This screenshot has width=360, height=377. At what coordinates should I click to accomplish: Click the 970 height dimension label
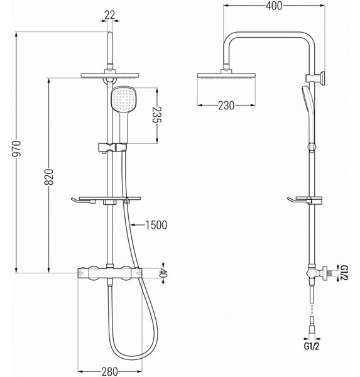[x=16, y=148]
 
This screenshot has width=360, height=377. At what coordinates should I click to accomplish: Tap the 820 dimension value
[x=49, y=177]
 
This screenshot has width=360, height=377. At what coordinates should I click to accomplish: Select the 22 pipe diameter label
[x=110, y=15]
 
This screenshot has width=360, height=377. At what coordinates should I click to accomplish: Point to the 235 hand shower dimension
[x=157, y=114]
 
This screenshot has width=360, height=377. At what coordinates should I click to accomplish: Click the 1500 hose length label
[x=156, y=225]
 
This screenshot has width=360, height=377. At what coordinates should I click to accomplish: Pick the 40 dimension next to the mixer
[x=163, y=273]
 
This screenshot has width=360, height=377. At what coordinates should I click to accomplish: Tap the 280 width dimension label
[x=110, y=371]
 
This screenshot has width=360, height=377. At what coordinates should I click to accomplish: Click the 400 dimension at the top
[x=274, y=6]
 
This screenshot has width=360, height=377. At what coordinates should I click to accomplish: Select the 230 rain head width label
[x=226, y=106]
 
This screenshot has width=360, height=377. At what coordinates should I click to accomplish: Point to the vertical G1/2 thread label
[x=344, y=273]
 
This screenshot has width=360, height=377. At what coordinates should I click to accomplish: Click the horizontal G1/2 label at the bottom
[x=312, y=346]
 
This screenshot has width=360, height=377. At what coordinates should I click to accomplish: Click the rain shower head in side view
[x=226, y=75]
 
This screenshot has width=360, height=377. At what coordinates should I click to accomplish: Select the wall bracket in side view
[x=315, y=78]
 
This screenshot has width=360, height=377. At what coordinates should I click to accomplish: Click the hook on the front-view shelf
[x=75, y=201]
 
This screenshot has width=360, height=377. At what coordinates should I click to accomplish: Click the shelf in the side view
[x=305, y=200]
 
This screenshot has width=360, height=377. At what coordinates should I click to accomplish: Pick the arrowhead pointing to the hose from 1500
[x=133, y=225]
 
